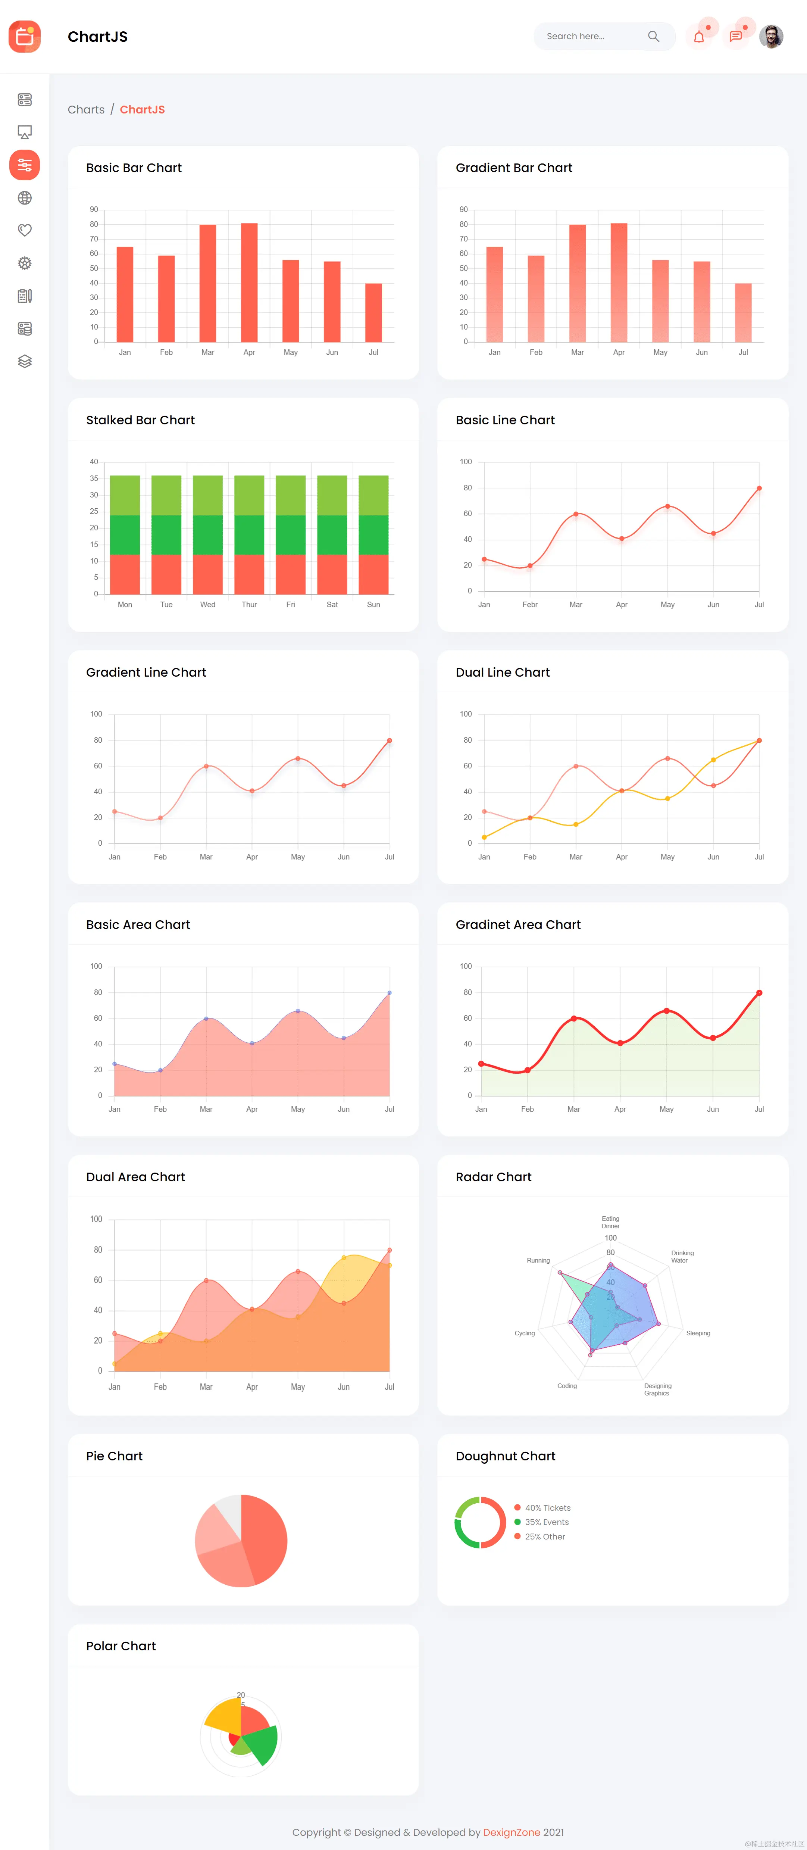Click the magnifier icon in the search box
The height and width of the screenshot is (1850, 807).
(653, 37)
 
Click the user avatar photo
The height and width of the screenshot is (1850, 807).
(771, 37)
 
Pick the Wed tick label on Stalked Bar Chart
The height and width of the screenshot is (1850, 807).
(207, 605)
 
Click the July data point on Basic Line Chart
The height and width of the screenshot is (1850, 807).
(759, 489)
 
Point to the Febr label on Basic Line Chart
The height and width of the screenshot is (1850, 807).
(530, 605)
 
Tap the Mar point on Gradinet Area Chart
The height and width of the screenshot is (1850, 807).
(574, 1018)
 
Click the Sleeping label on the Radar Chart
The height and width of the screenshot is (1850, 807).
(698, 1333)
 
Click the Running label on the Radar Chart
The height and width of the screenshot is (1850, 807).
(538, 1260)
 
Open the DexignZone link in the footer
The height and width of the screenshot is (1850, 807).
(511, 1832)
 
